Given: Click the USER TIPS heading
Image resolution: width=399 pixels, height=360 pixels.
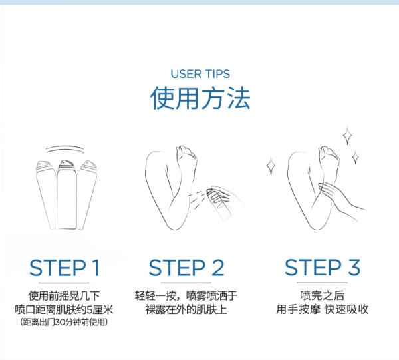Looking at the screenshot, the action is click(x=200, y=74).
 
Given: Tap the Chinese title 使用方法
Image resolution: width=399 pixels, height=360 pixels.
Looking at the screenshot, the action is click(x=200, y=98).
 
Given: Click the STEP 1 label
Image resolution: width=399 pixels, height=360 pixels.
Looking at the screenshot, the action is click(x=64, y=268).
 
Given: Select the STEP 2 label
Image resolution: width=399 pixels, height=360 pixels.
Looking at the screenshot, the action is click(x=186, y=268).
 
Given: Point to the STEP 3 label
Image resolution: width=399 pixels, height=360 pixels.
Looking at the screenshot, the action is click(x=323, y=268).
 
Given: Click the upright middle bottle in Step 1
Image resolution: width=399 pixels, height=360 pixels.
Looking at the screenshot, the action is click(x=66, y=195).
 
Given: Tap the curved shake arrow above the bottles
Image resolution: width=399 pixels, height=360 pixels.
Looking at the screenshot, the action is click(x=65, y=149).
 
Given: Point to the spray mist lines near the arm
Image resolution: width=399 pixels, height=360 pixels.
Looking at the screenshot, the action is click(x=196, y=198).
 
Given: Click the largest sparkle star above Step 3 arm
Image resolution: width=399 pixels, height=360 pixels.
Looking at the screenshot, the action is click(x=347, y=136).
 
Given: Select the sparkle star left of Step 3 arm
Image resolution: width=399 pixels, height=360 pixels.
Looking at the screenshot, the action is click(x=271, y=166).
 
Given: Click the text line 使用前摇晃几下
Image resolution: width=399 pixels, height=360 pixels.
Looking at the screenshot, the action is click(x=64, y=296).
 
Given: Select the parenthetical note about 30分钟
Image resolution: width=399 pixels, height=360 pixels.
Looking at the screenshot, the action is click(x=64, y=322).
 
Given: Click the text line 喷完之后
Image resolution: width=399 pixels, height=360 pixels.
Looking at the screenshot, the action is click(x=322, y=296).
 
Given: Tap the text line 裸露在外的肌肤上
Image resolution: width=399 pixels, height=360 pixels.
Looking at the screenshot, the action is click(x=186, y=310).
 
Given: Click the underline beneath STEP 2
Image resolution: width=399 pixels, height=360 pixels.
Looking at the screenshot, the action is click(x=186, y=283).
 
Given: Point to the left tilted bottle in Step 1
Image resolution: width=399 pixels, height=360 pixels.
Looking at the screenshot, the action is click(x=47, y=195).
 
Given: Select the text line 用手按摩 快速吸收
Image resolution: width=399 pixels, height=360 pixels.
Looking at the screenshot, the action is click(x=322, y=310).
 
